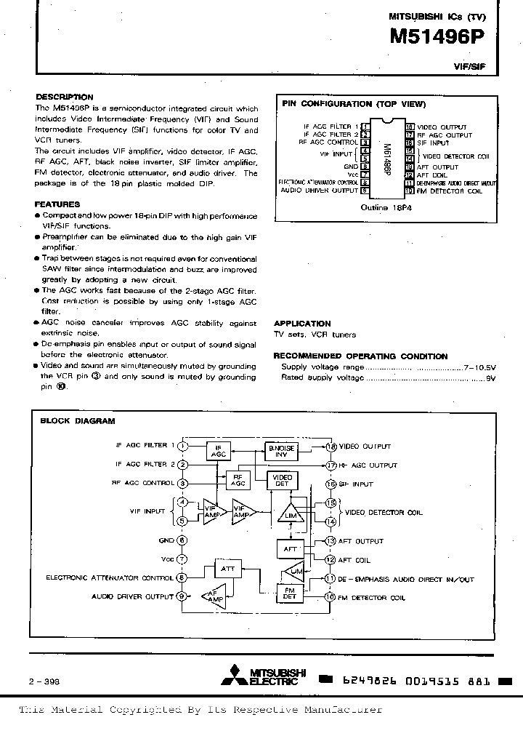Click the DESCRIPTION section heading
[65, 97]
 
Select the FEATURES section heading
[58, 205]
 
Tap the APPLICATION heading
[302, 324]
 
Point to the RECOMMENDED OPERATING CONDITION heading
[360, 356]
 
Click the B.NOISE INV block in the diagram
[280, 452]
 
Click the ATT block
[228, 569]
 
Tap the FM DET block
[289, 593]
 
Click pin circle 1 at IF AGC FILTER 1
[183, 445]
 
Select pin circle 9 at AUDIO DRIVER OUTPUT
[183, 596]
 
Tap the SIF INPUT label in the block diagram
[356, 484]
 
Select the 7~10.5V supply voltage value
[479, 367]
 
